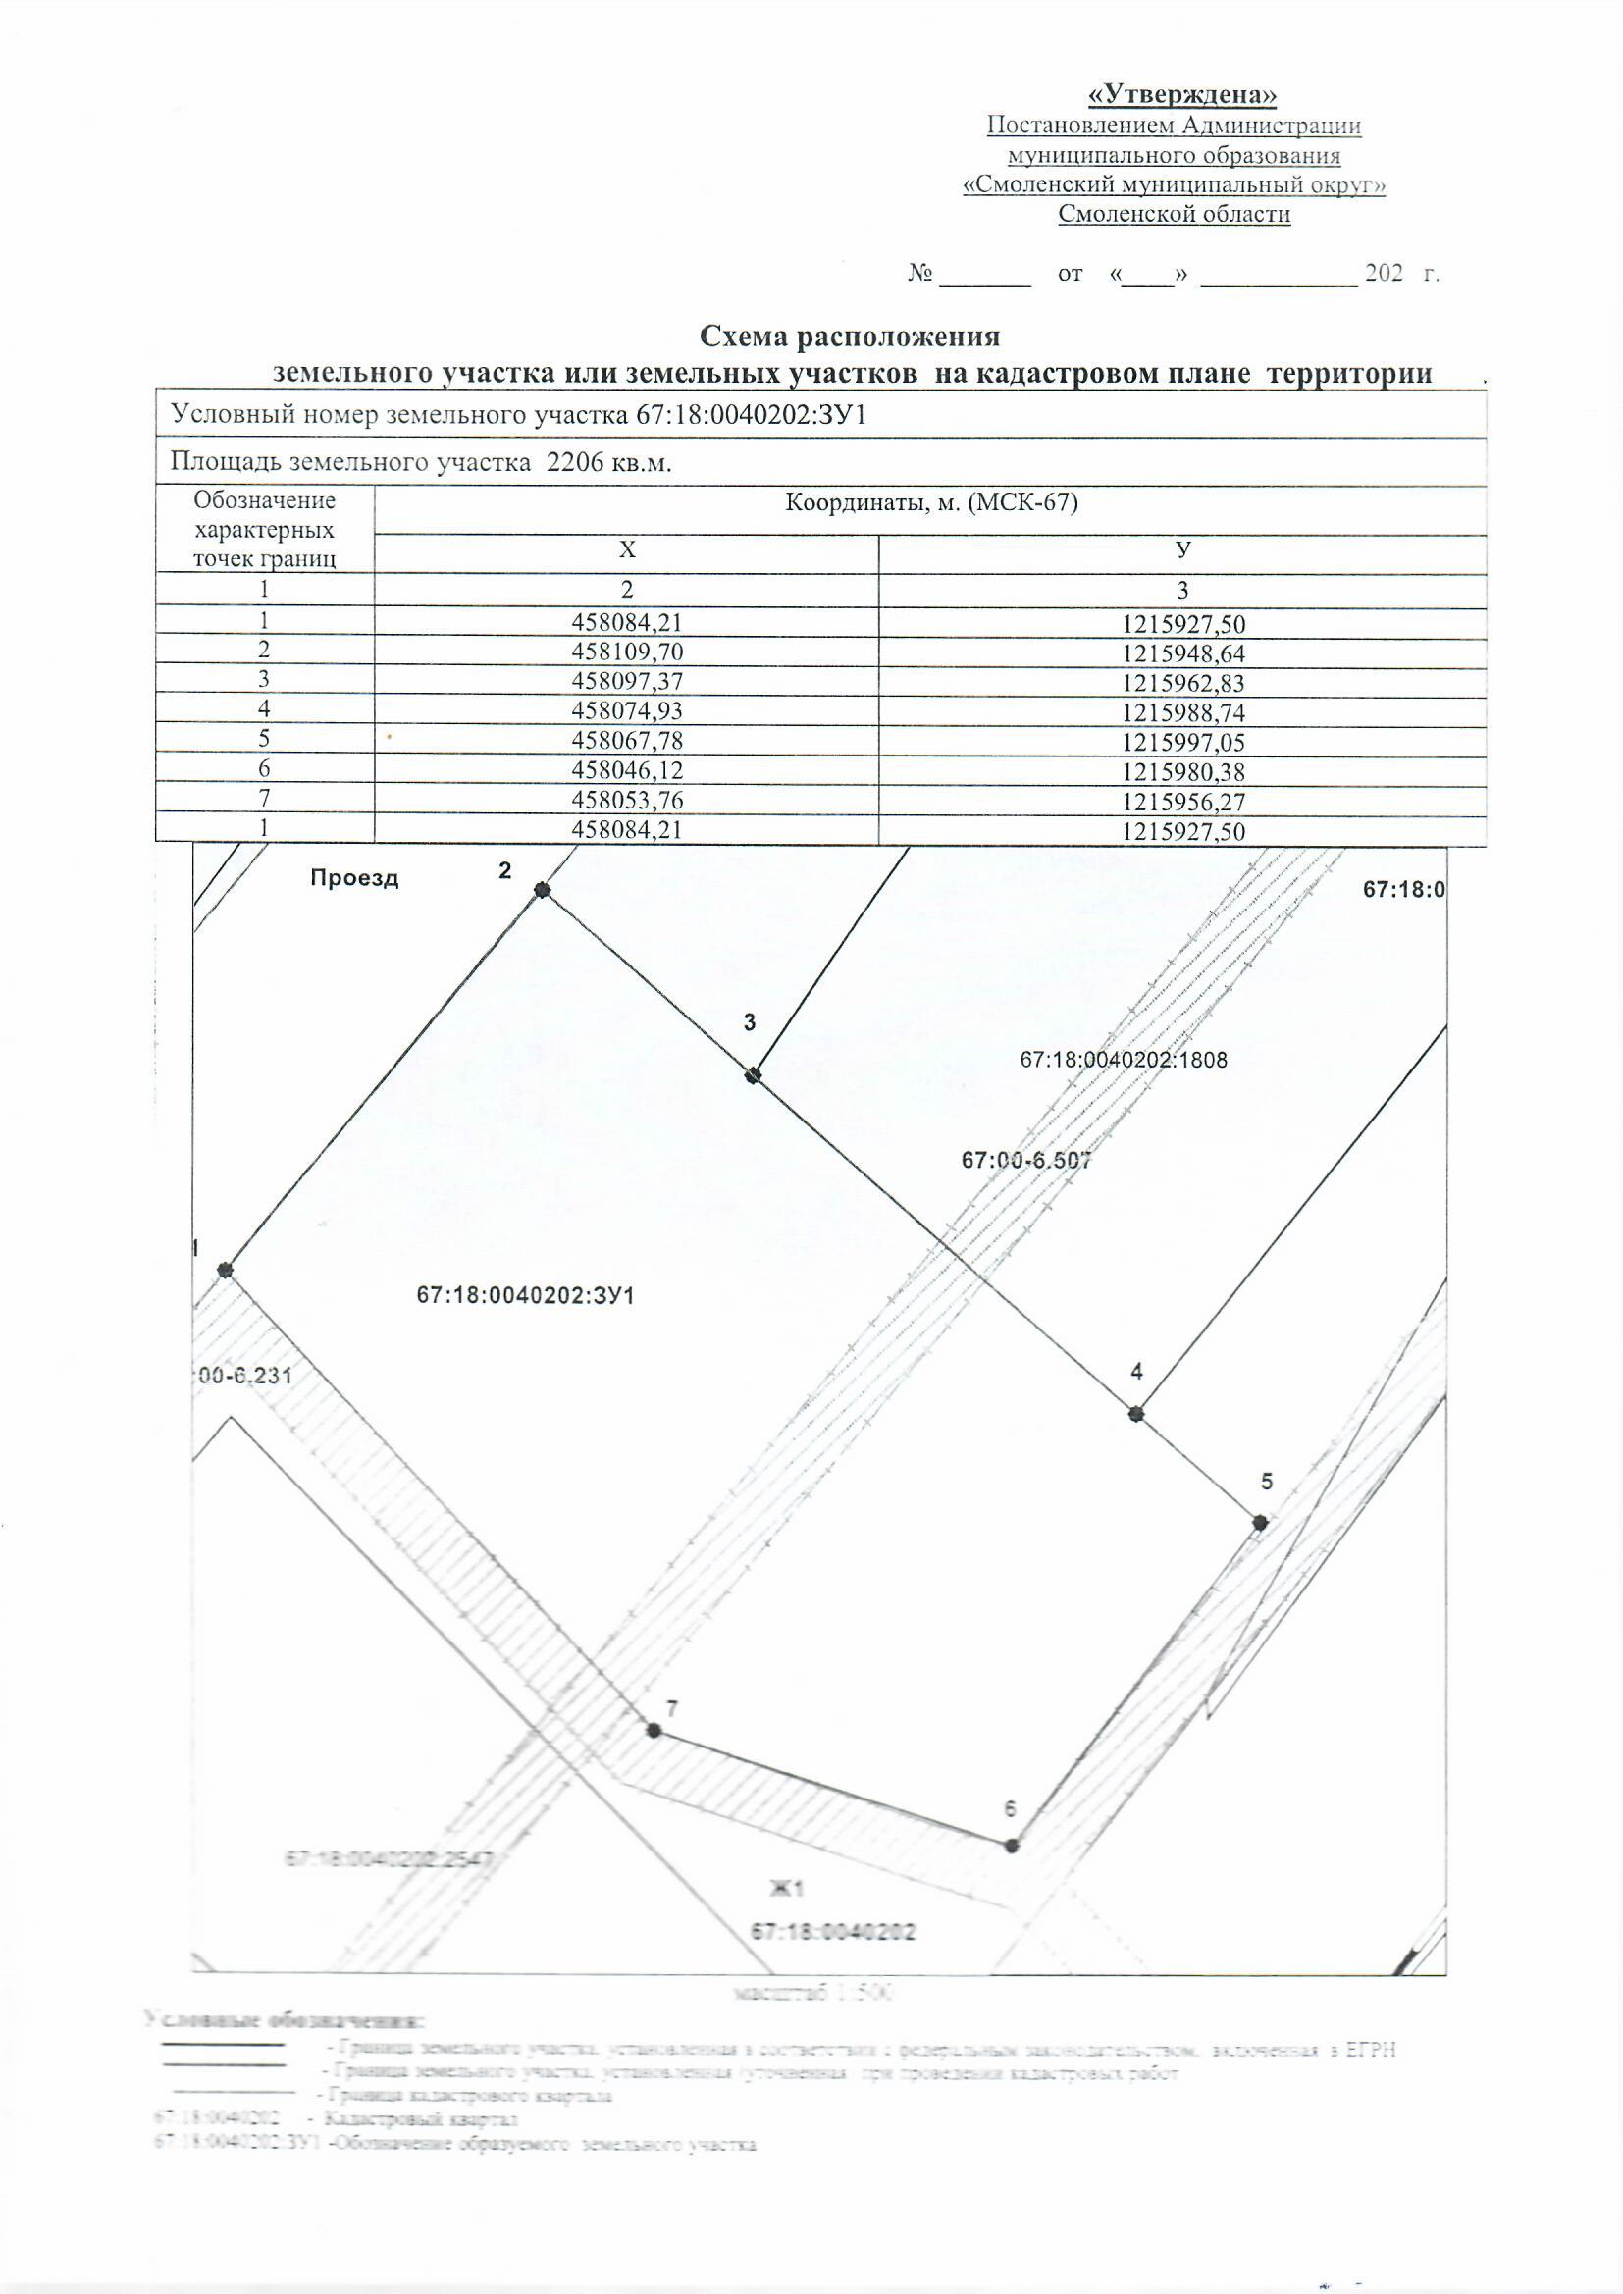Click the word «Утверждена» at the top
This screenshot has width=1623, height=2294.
[1182, 95]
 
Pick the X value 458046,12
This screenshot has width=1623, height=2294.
[627, 770]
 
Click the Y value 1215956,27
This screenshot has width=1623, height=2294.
[1183, 801]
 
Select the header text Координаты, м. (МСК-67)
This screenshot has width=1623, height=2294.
[931, 502]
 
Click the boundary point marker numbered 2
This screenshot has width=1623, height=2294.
[542, 889]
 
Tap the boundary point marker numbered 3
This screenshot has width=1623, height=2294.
[754, 1075]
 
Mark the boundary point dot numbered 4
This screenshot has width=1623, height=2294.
[1135, 1414]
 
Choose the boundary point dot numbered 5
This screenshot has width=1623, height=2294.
[1260, 1523]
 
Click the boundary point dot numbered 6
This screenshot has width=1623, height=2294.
[1012, 1846]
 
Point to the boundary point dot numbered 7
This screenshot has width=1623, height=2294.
[654, 1731]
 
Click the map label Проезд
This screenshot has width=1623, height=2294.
[354, 878]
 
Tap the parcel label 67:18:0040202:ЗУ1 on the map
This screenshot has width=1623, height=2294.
[526, 1296]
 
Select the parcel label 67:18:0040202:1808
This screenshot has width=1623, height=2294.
[1124, 1059]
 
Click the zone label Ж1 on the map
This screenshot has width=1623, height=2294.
[786, 1889]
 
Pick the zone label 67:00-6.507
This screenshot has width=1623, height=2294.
[1025, 1160]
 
